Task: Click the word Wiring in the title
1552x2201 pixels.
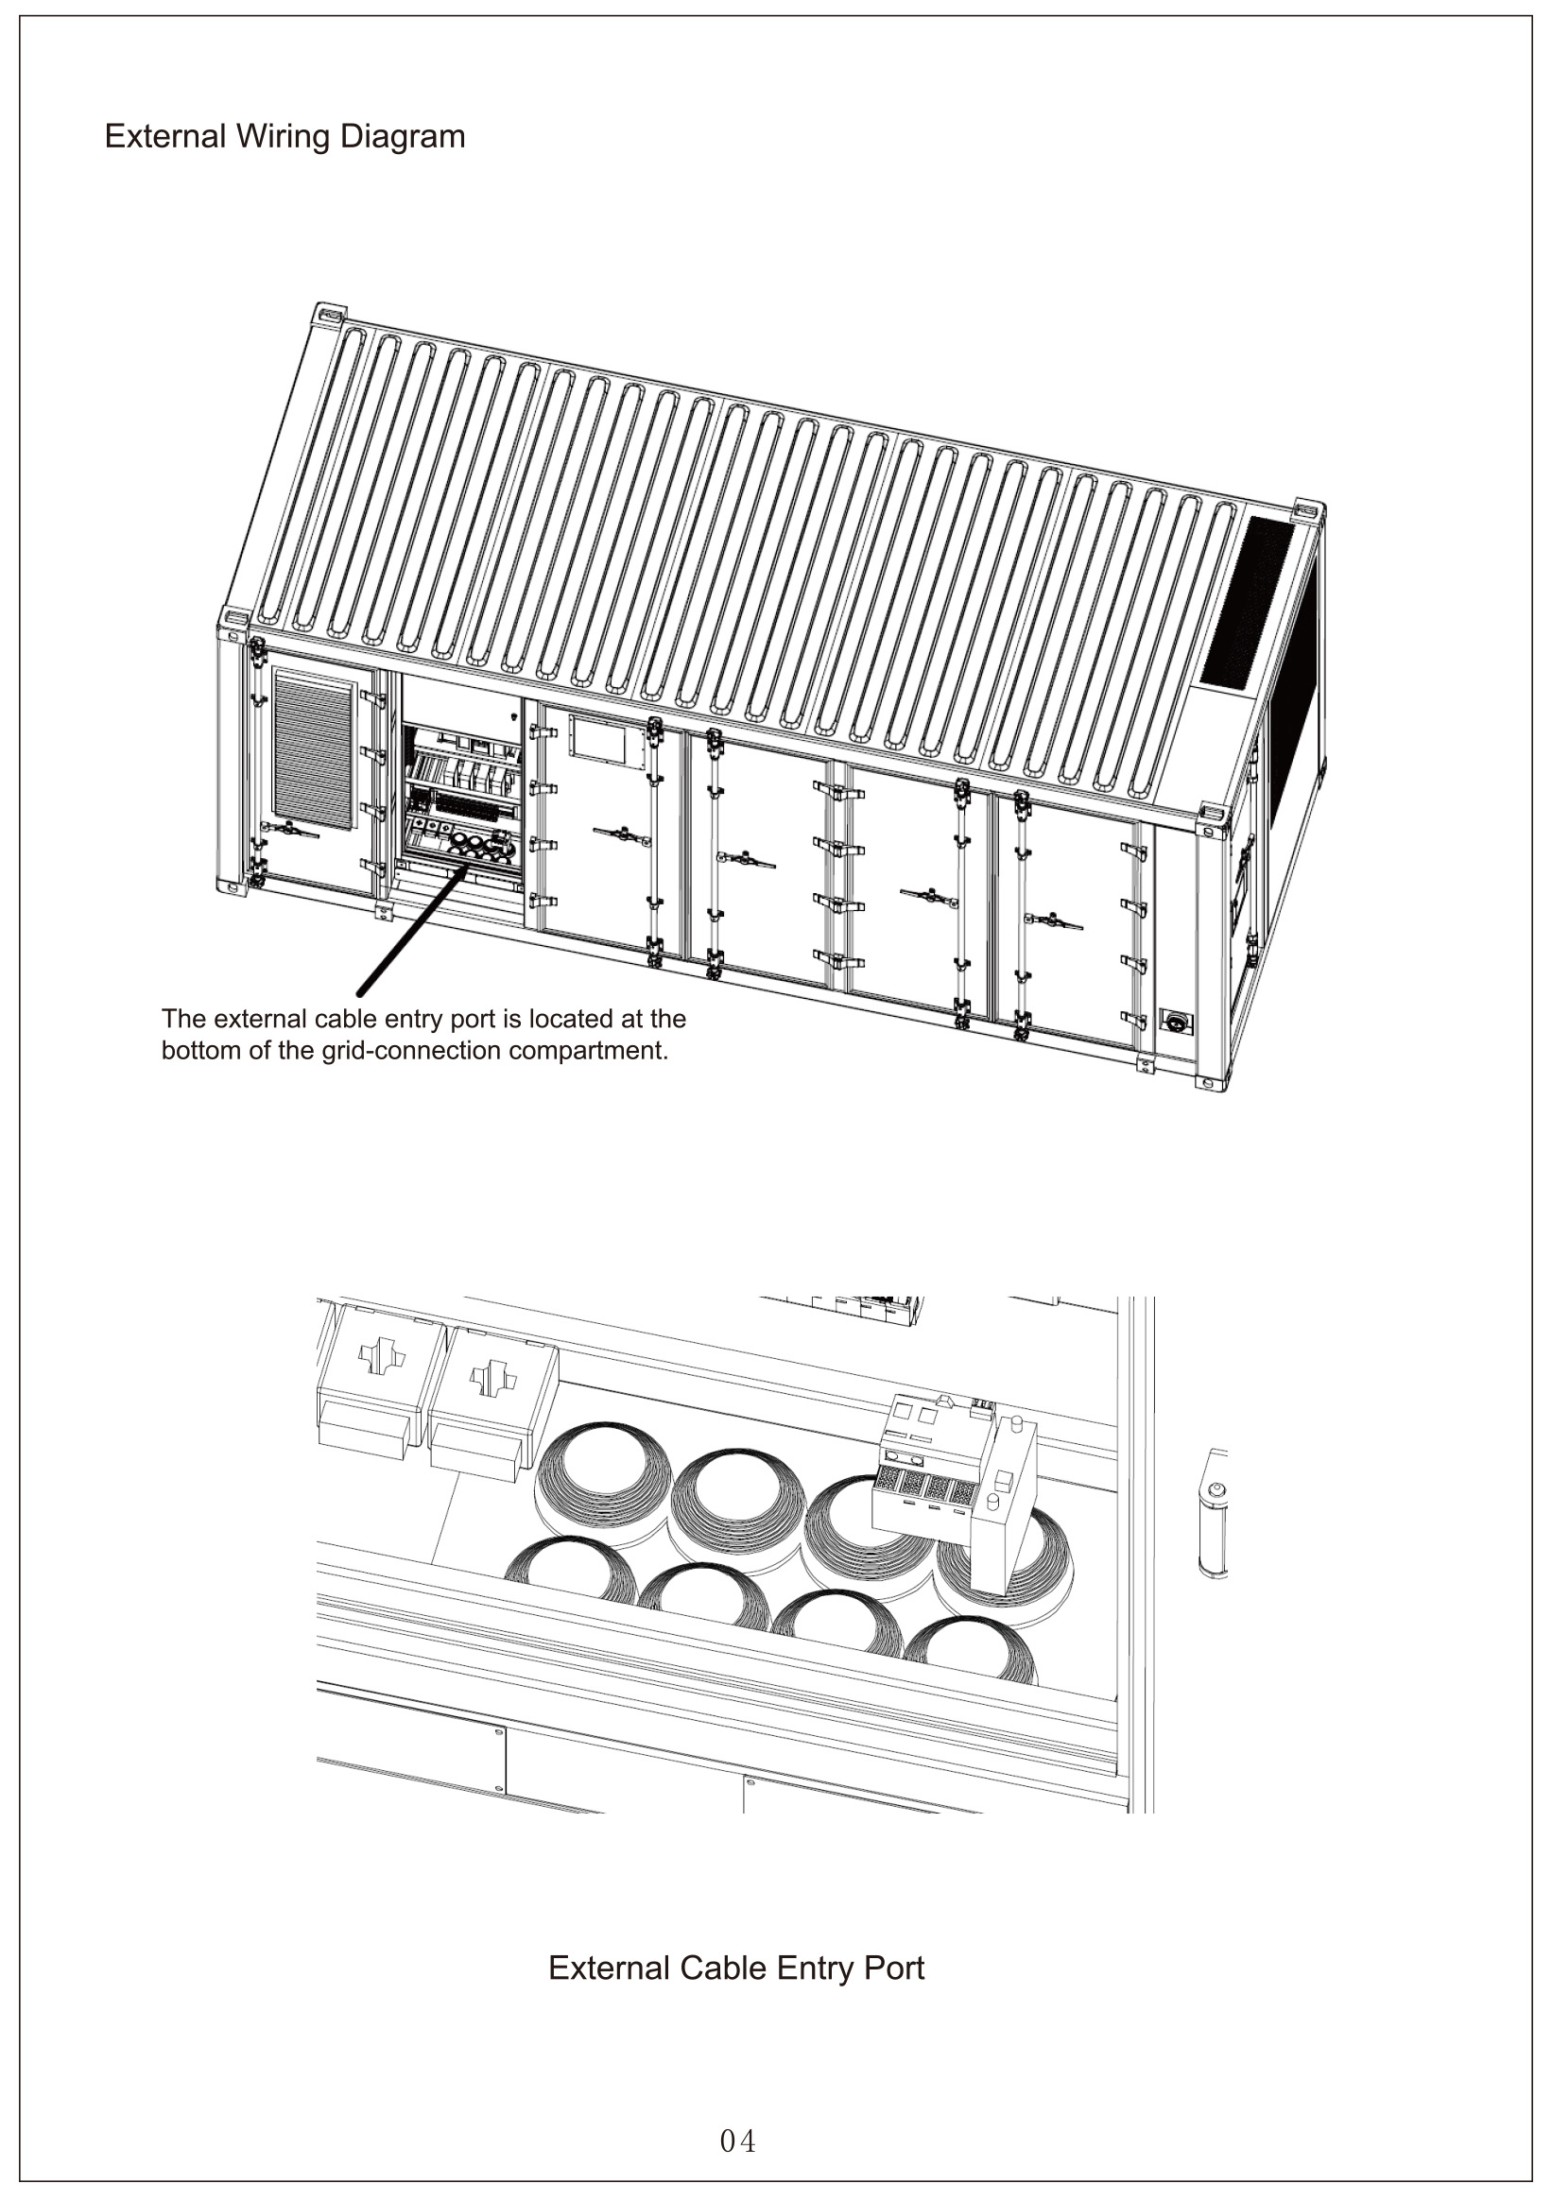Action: pyautogui.click(x=283, y=137)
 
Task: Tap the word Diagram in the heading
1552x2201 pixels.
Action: pyautogui.click(x=402, y=137)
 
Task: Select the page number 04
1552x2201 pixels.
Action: pyautogui.click(x=738, y=2141)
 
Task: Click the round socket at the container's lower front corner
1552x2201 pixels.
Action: pyautogui.click(x=1172, y=1020)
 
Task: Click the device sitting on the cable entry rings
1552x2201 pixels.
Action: pyautogui.click(x=955, y=1477)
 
